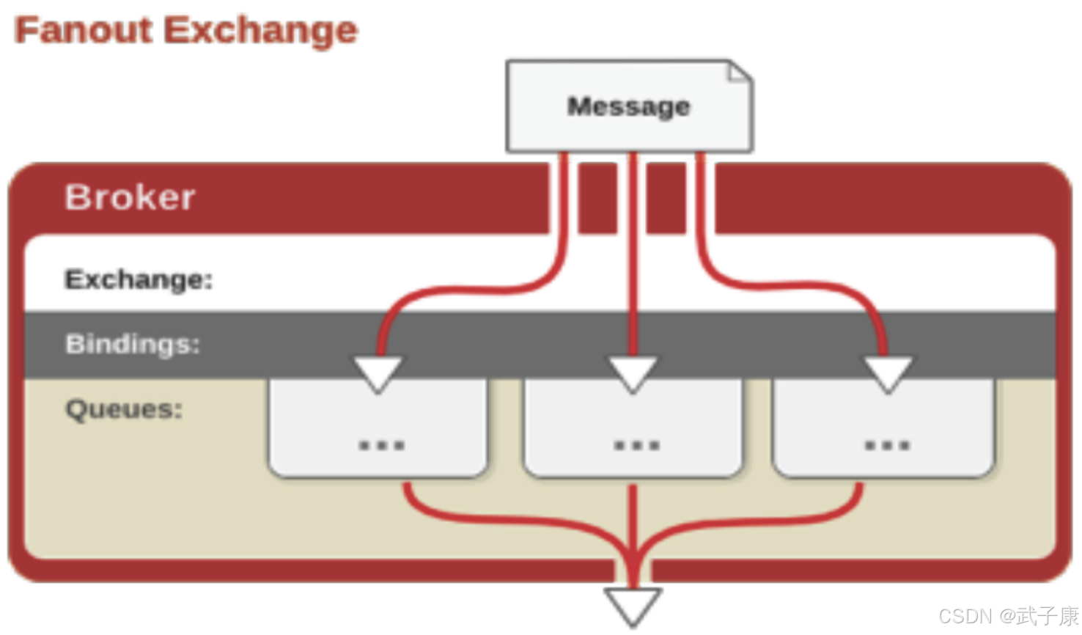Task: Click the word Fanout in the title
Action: coord(84,31)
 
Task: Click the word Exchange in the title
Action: coord(260,31)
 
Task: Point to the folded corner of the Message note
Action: coord(739,73)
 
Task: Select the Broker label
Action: coord(130,197)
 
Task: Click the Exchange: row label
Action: coord(139,279)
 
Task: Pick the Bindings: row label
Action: coord(133,344)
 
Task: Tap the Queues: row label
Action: coord(124,408)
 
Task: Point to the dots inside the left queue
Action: coord(381,445)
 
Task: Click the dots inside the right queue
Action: coord(887,445)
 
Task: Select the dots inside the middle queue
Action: coord(636,445)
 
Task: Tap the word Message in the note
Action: coord(628,106)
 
